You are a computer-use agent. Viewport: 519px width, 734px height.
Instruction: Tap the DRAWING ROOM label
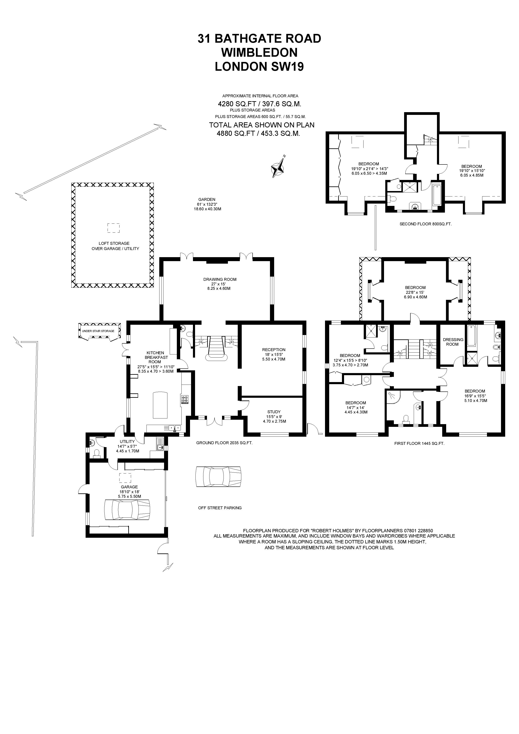point(220,279)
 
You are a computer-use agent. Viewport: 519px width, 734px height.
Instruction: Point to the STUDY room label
point(274,412)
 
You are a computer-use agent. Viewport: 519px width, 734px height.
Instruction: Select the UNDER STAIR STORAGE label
point(98,331)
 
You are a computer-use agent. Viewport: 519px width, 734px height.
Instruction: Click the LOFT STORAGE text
point(114,243)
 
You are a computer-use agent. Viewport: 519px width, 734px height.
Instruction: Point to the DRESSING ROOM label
point(453,342)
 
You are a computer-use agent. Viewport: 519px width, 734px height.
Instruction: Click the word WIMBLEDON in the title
point(259,53)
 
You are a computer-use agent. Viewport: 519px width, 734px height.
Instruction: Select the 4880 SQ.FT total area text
point(258,134)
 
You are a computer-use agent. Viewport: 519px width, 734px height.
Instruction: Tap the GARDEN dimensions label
point(207,204)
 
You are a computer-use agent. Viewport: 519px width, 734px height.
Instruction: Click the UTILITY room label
point(127,441)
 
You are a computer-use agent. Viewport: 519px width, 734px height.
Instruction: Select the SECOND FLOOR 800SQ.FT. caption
point(425,224)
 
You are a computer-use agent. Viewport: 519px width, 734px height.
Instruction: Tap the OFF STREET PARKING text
point(220,508)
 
